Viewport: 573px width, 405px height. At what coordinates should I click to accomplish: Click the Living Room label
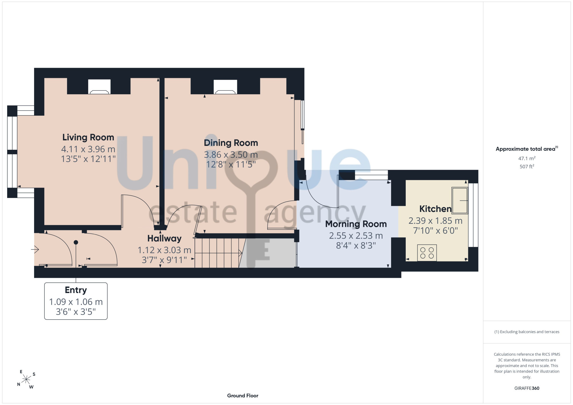88,137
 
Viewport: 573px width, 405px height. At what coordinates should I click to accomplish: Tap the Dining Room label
231,143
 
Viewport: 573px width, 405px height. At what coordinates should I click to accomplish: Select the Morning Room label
356,224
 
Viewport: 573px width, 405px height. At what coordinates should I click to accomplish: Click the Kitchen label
435,209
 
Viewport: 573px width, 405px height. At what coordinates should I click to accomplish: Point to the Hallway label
164,239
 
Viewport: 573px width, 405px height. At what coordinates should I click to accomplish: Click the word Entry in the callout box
76,290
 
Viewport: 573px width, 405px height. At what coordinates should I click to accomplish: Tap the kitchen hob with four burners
427,253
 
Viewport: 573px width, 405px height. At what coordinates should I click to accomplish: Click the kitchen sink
460,200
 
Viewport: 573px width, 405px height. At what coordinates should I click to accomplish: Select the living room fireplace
99,86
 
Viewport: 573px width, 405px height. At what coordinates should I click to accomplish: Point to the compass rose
26,380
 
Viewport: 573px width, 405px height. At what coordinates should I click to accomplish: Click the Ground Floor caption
243,396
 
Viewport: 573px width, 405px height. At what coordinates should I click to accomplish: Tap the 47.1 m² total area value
527,158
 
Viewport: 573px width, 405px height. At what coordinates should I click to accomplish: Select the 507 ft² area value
527,166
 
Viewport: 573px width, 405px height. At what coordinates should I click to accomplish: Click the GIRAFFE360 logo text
527,388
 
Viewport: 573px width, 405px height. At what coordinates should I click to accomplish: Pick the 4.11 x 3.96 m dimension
88,149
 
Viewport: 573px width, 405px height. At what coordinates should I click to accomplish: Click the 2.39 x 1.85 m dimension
435,221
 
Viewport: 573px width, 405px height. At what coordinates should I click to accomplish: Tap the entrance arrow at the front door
35,249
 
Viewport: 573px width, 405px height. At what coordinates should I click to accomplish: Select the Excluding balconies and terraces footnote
527,332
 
